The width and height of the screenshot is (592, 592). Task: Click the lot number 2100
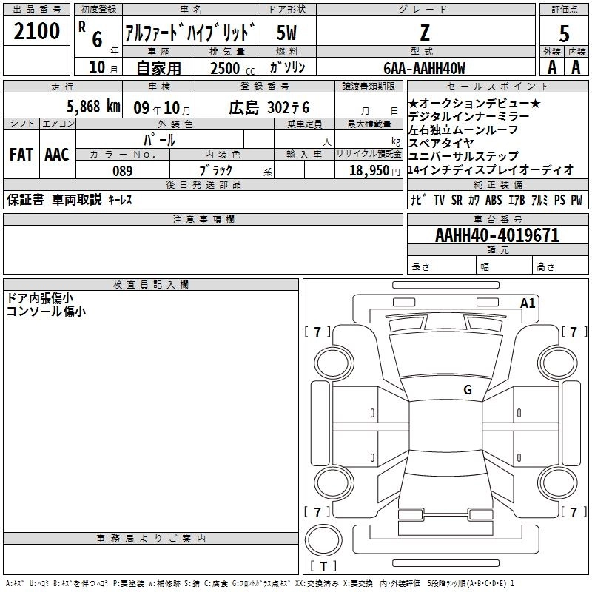(36, 31)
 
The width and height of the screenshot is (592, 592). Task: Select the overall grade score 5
(564, 33)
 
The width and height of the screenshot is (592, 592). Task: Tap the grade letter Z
(425, 33)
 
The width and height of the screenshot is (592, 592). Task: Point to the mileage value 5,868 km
(93, 107)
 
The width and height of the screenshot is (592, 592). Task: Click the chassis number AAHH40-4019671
(497, 235)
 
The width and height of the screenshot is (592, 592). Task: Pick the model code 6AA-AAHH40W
(424, 68)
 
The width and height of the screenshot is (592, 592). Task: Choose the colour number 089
(123, 171)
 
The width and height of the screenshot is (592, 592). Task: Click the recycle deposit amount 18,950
(369, 171)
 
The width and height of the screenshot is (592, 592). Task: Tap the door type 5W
(286, 33)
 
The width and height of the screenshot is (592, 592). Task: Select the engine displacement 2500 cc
(232, 68)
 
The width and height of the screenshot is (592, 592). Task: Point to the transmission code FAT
(21, 155)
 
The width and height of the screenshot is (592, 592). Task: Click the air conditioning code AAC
(57, 155)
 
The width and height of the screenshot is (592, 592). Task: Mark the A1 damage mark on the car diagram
(528, 303)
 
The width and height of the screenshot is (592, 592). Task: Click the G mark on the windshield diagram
(468, 390)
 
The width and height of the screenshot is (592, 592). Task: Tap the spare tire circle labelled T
(323, 540)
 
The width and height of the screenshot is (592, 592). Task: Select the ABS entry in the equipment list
(494, 200)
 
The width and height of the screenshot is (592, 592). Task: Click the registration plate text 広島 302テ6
(269, 108)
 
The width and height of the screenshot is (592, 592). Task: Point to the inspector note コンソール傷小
(46, 312)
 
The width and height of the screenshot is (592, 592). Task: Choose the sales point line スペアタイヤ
(440, 143)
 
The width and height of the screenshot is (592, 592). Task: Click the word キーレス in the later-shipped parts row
(120, 200)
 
